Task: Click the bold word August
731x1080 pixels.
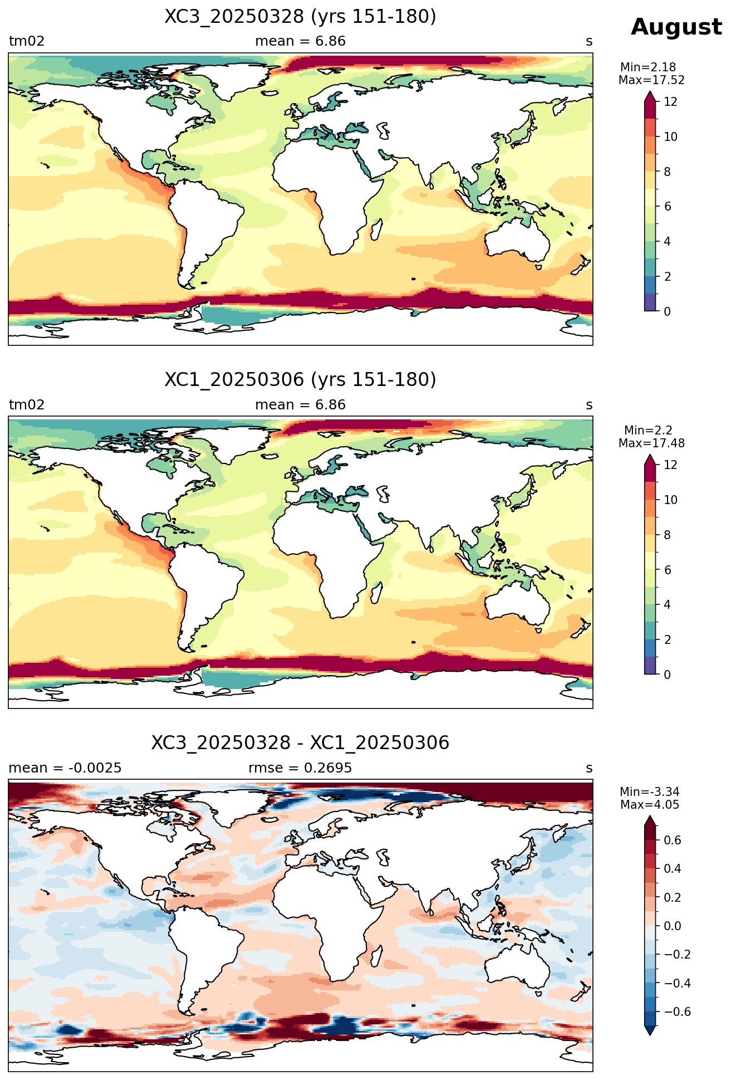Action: pos(676,27)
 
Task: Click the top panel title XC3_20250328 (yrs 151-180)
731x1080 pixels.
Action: pos(300,17)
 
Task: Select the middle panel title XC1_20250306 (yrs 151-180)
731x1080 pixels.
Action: pos(300,380)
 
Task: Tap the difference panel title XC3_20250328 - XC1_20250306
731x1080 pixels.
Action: pos(300,743)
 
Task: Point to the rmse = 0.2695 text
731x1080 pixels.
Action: pos(300,768)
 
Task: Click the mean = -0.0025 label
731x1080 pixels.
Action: pos(65,768)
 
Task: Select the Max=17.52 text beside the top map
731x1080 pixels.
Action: pos(651,80)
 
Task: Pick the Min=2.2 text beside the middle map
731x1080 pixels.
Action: pos(648,431)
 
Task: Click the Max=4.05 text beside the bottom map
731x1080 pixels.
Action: pos(649,805)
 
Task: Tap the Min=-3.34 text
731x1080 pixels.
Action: pos(649,792)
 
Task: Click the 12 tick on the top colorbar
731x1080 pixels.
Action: pos(671,102)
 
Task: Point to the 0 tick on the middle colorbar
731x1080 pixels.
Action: pos(668,675)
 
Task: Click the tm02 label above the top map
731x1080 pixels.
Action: pos(27,41)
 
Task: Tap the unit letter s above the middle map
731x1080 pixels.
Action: pos(589,405)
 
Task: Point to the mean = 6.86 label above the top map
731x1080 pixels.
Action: pos(300,41)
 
